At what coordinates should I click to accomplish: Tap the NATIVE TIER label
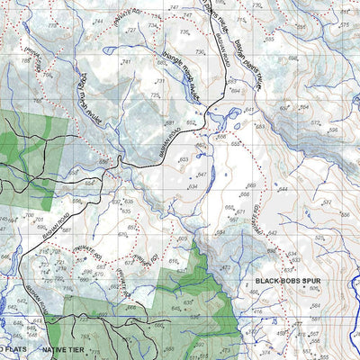[68, 346]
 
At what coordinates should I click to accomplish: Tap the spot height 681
[168, 123]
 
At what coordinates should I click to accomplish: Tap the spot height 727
[132, 30]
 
